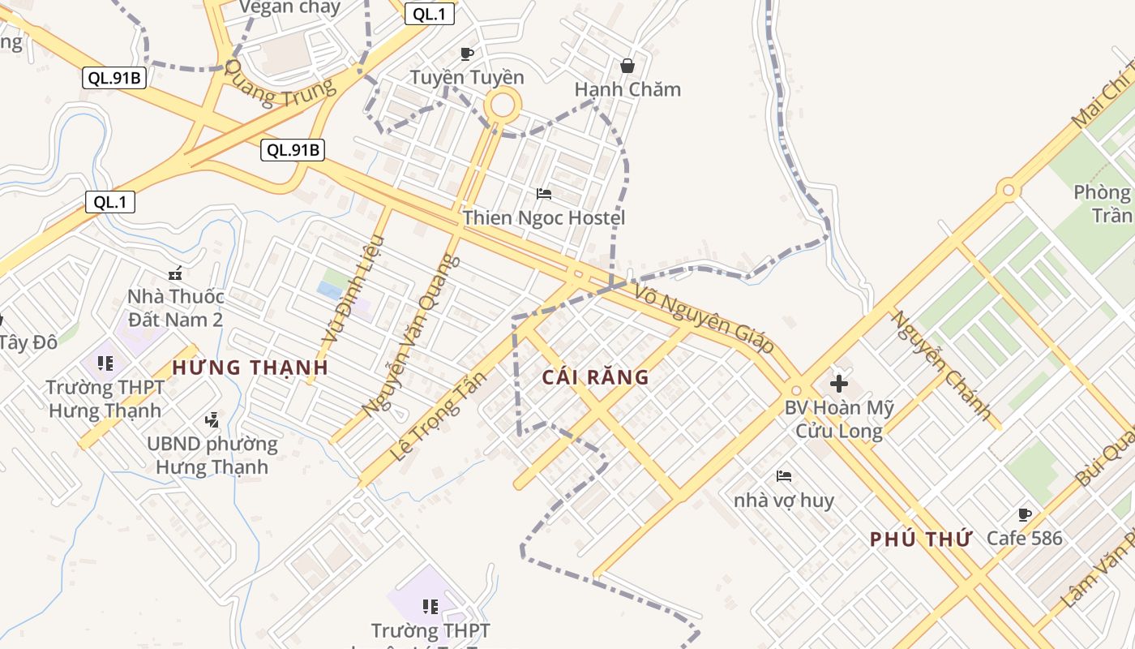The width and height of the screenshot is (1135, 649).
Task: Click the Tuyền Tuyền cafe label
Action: pos(467,78)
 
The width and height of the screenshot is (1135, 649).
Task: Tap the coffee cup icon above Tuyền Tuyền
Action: pos(467,54)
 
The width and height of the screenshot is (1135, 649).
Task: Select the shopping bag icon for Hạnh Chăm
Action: pos(627,66)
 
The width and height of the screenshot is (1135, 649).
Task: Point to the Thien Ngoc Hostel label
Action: pos(544,217)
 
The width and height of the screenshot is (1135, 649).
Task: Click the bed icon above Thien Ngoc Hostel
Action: pos(544,194)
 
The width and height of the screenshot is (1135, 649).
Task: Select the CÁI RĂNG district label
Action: pos(596,377)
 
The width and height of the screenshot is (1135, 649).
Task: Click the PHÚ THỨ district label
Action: pos(920,539)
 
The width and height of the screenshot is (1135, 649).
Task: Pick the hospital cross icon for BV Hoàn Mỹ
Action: pos(839,383)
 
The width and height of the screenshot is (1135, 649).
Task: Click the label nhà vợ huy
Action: pos(784,501)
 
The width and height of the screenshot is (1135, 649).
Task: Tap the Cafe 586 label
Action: pos(1024,538)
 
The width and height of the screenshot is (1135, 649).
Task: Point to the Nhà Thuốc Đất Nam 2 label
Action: pos(175,308)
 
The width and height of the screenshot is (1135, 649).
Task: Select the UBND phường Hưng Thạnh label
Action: pos(212,456)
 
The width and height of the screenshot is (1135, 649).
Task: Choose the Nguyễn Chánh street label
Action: pos(941,366)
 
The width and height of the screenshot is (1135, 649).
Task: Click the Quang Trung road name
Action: pos(280,84)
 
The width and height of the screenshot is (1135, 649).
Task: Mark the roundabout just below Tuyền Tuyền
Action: pos(503,105)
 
